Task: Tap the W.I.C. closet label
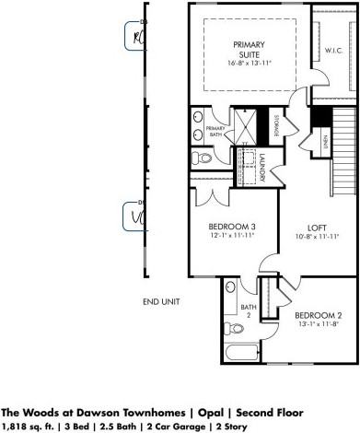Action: (x=333, y=52)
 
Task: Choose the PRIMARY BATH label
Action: (x=215, y=131)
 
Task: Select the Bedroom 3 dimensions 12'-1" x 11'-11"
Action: (x=233, y=236)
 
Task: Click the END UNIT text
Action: (x=160, y=301)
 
